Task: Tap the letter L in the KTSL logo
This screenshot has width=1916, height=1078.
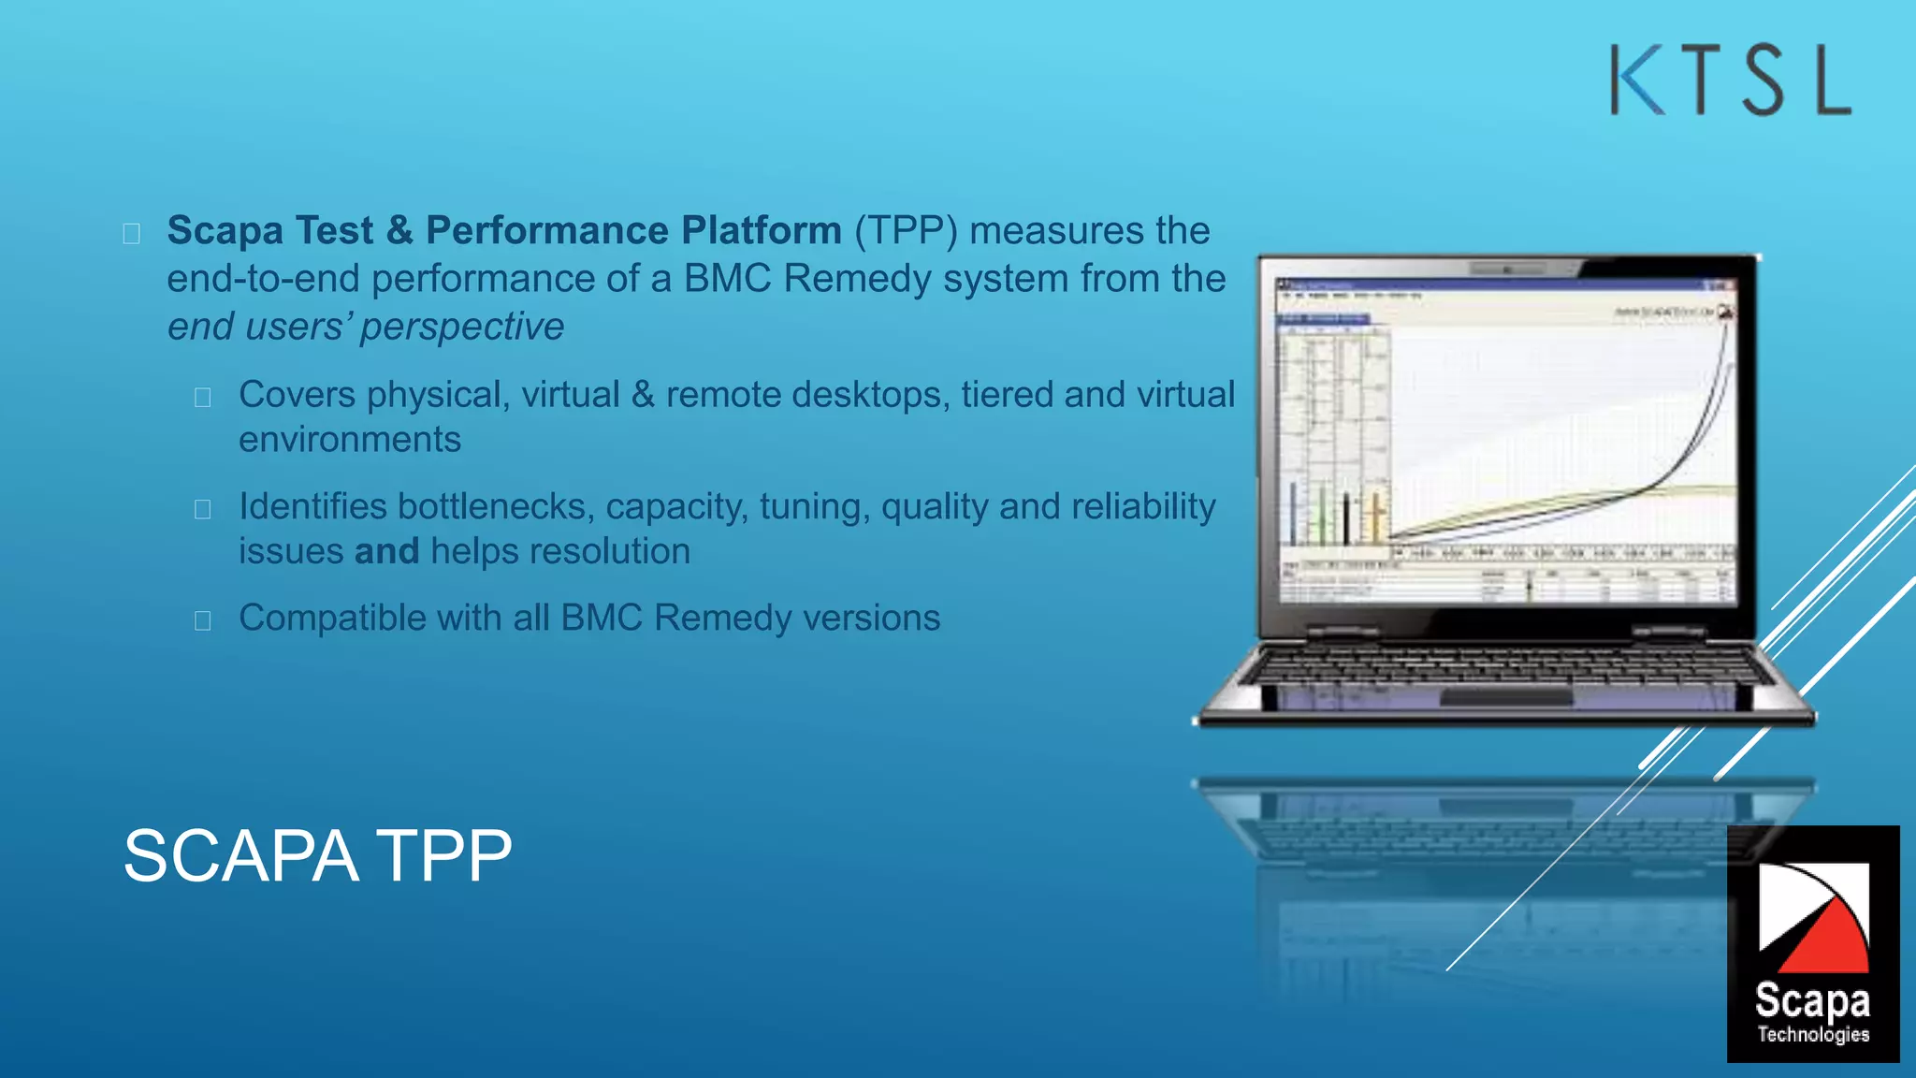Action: click(1833, 81)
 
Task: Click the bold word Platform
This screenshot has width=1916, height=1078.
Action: click(762, 230)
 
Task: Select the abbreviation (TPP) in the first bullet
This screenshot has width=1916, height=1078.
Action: click(906, 231)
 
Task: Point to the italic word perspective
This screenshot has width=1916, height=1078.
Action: click(462, 327)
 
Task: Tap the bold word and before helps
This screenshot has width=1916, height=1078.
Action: click(386, 551)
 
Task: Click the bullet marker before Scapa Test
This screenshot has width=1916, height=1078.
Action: click(132, 233)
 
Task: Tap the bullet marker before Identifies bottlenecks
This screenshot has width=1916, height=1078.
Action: click(203, 509)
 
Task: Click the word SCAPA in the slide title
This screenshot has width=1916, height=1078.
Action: click(240, 855)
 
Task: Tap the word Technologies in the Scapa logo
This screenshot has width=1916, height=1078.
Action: click(1812, 1034)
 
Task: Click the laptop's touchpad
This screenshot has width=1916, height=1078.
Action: click(1506, 698)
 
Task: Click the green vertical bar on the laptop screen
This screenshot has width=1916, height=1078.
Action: click(1322, 515)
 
